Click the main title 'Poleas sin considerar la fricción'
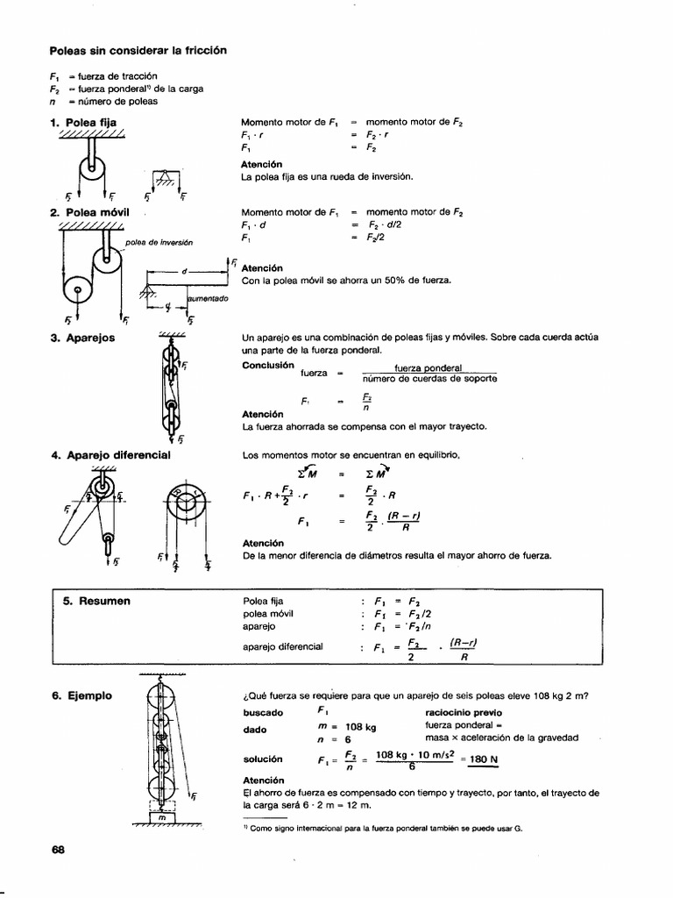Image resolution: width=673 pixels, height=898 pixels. click(x=138, y=50)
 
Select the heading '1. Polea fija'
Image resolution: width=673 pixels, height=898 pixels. click(x=83, y=123)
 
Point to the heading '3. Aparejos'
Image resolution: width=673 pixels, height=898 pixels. click(x=83, y=338)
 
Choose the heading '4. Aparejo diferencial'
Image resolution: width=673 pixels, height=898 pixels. click(x=110, y=456)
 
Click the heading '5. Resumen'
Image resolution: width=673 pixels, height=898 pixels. click(x=96, y=601)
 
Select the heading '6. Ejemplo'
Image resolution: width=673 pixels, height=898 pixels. click(x=88, y=695)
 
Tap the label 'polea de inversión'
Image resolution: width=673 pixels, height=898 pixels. click(x=159, y=242)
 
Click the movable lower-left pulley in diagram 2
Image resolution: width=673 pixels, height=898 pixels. click(x=77, y=290)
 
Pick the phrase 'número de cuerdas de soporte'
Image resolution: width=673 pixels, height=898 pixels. click(x=429, y=379)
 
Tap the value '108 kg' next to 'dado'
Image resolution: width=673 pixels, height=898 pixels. click(x=360, y=727)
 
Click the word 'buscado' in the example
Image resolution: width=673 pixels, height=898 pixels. click(x=263, y=713)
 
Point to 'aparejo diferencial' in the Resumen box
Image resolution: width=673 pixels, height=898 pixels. click(x=282, y=646)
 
